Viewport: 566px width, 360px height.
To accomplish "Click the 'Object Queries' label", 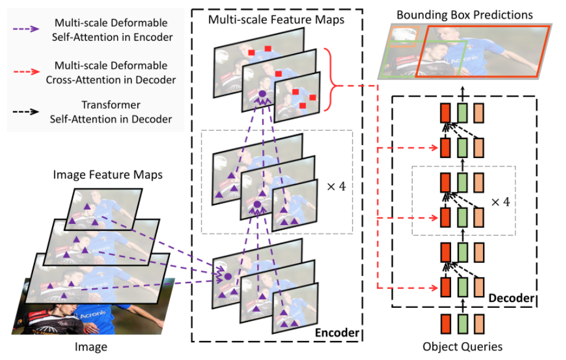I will coord(463,346).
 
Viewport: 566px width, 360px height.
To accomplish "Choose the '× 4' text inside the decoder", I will coord(500,202).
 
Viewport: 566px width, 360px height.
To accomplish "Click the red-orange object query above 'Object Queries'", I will coord(446,325).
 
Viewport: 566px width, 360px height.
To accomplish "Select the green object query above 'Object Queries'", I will coord(462,325).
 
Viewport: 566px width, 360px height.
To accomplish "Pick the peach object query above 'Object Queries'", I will coord(479,325).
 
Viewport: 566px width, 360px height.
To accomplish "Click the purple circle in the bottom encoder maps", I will coord(227,275).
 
